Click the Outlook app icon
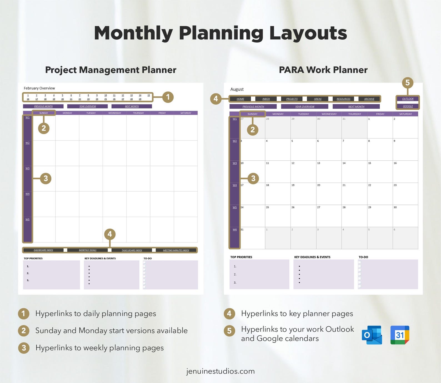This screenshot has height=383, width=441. point(372,335)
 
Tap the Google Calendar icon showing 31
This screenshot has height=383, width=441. point(400,335)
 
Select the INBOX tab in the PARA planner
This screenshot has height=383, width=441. point(266,99)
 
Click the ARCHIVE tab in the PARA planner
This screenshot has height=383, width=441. point(369,99)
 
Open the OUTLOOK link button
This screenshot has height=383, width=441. point(408,99)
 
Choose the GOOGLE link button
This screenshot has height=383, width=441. point(408,106)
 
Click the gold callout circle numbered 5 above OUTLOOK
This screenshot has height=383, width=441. point(407,82)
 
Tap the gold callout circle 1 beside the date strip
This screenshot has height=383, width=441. point(168,97)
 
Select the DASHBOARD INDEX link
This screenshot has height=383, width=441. point(43,250)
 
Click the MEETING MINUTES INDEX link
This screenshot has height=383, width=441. point(176,250)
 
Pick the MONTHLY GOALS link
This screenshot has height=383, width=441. point(88,250)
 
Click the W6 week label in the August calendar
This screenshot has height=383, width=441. point(235,230)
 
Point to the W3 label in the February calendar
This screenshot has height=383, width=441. point(27,168)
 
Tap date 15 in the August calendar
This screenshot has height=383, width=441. point(370,163)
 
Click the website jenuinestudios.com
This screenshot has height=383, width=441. point(220,371)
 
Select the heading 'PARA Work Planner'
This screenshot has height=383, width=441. point(323,70)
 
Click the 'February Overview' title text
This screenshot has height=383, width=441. point(39,88)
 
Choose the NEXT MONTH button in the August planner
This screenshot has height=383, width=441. point(356,107)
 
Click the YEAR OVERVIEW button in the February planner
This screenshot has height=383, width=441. point(87,106)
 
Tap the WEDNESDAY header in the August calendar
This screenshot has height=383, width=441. point(329,114)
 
